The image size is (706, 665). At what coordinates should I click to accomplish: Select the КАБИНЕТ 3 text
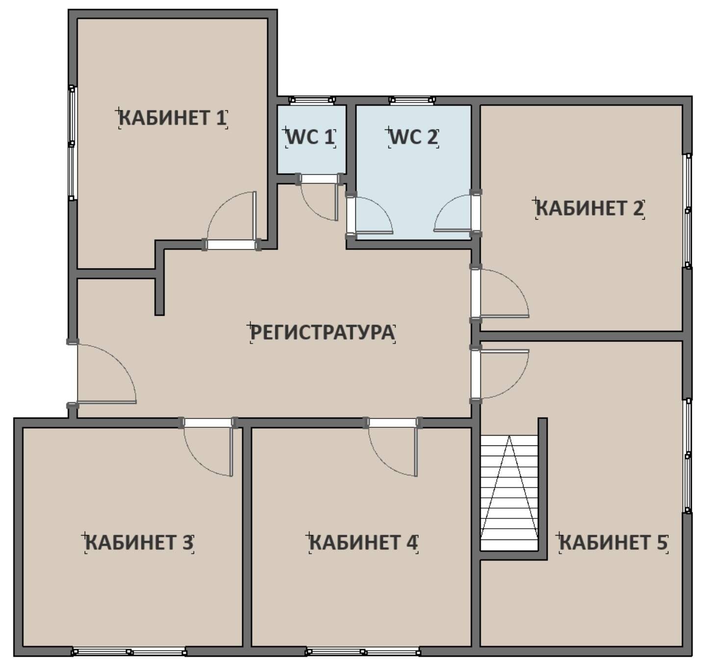tap(139, 543)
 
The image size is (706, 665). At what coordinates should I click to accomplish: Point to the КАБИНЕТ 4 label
tap(363, 543)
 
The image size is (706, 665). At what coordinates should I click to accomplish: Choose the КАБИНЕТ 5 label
tap(613, 543)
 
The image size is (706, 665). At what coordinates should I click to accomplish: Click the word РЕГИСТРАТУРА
tap(323, 333)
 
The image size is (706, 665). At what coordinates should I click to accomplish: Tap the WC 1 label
tap(310, 137)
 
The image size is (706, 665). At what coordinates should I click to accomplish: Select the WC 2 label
tap(414, 137)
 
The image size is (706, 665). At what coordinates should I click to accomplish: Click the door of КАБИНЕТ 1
tap(231, 221)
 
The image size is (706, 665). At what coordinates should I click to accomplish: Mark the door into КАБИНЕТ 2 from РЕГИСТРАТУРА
tap(499, 293)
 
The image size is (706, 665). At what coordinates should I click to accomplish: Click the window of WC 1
tap(312, 100)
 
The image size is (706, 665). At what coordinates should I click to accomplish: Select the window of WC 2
tap(412, 100)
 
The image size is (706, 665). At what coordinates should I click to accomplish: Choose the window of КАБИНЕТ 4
tap(363, 652)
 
